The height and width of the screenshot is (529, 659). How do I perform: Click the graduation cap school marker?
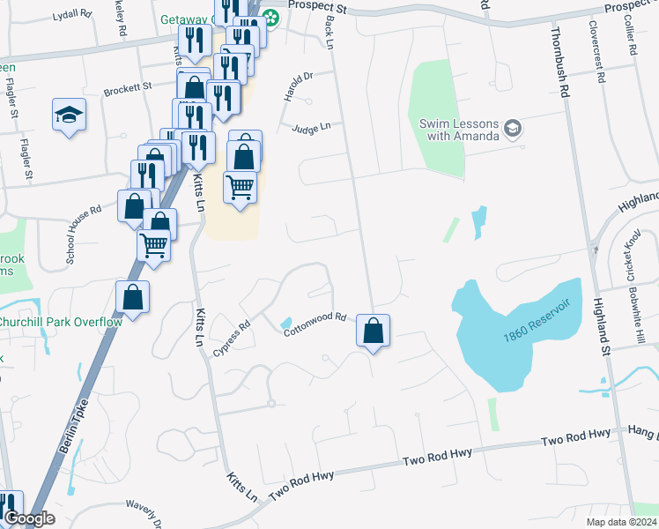[69, 115]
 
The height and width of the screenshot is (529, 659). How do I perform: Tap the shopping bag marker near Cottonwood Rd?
[374, 332]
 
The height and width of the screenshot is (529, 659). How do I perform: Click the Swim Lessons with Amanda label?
[458, 130]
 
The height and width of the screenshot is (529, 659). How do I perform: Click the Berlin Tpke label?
[77, 432]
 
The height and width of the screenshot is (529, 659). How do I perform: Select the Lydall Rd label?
[71, 16]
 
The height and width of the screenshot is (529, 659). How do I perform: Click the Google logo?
[29, 519]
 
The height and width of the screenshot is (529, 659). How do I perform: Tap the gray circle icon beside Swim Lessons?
[512, 130]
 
